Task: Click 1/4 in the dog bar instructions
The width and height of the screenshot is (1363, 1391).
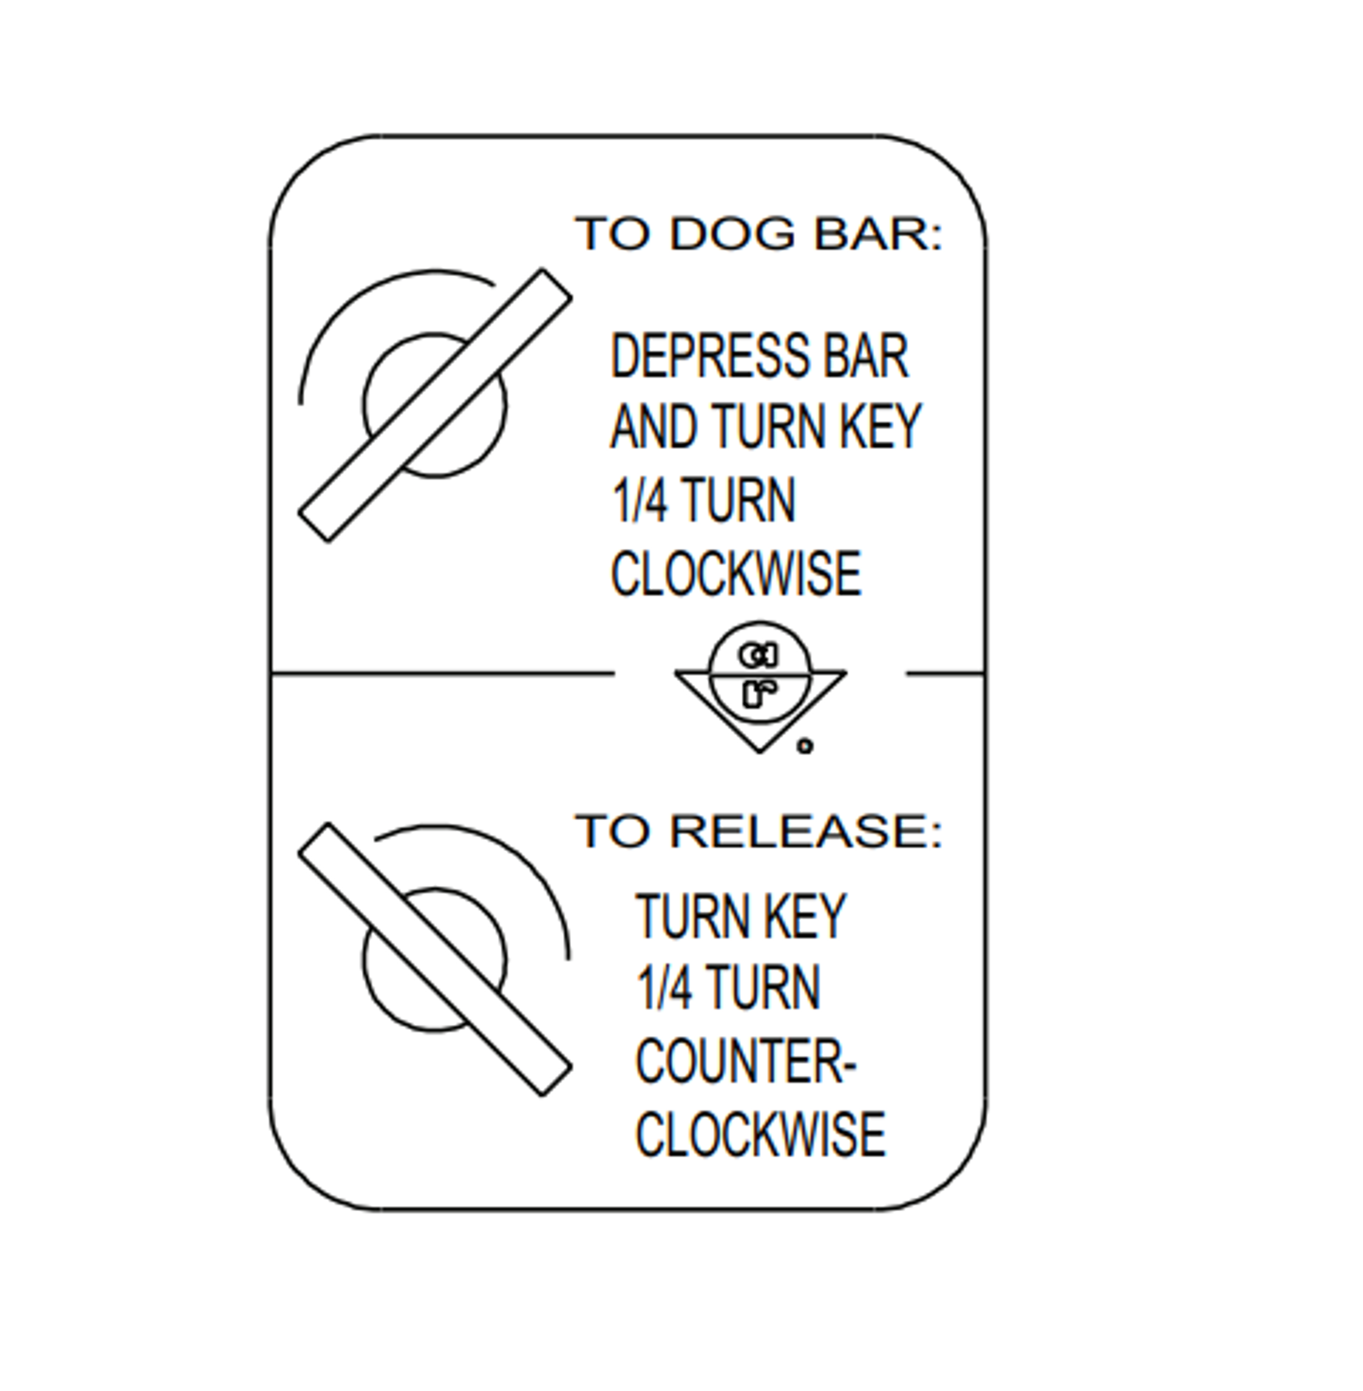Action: [639, 500]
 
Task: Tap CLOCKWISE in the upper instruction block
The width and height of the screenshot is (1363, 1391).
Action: [736, 574]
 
